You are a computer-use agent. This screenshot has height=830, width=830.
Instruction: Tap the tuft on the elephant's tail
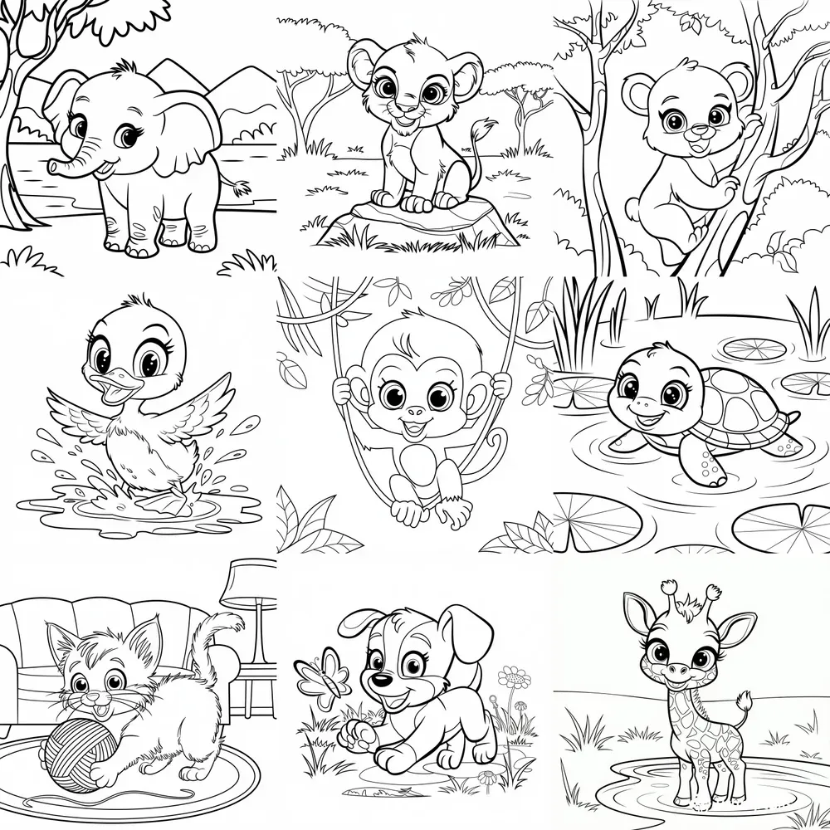pos(242,188)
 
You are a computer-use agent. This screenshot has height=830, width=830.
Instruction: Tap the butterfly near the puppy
pos(324,676)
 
